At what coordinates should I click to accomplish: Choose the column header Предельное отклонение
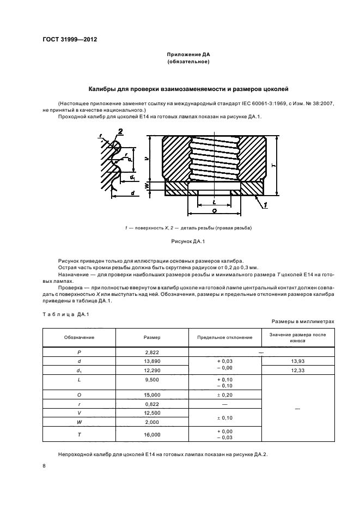coord(225,338)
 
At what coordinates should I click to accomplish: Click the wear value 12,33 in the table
coord(297,371)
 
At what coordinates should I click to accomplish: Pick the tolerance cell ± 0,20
coord(225,394)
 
